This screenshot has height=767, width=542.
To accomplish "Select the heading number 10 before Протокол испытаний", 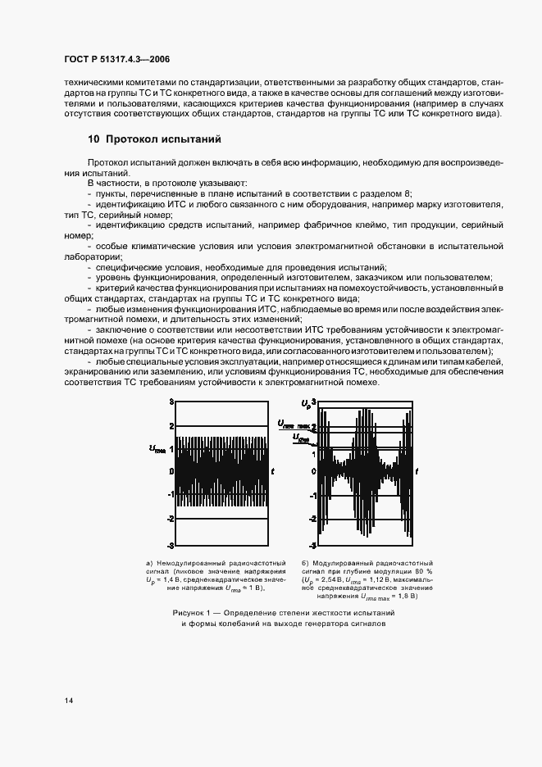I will pyautogui.click(x=93, y=139).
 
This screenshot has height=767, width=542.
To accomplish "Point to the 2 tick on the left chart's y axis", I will pyautogui.click(x=171, y=425).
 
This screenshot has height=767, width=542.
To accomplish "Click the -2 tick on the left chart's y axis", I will pyautogui.click(x=171, y=519).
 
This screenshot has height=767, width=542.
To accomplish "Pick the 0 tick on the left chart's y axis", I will pyautogui.click(x=171, y=472).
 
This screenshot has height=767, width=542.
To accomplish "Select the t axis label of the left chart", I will pyautogui.click(x=272, y=471).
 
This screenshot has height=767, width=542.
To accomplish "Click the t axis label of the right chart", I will pyautogui.click(x=417, y=471).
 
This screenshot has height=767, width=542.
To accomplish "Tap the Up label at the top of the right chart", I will pyautogui.click(x=306, y=403).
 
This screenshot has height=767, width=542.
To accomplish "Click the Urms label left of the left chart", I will pyautogui.click(x=157, y=447).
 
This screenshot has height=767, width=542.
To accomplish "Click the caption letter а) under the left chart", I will pyautogui.click(x=150, y=564).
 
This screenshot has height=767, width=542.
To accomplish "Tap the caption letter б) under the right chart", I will pyautogui.click(x=305, y=564).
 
